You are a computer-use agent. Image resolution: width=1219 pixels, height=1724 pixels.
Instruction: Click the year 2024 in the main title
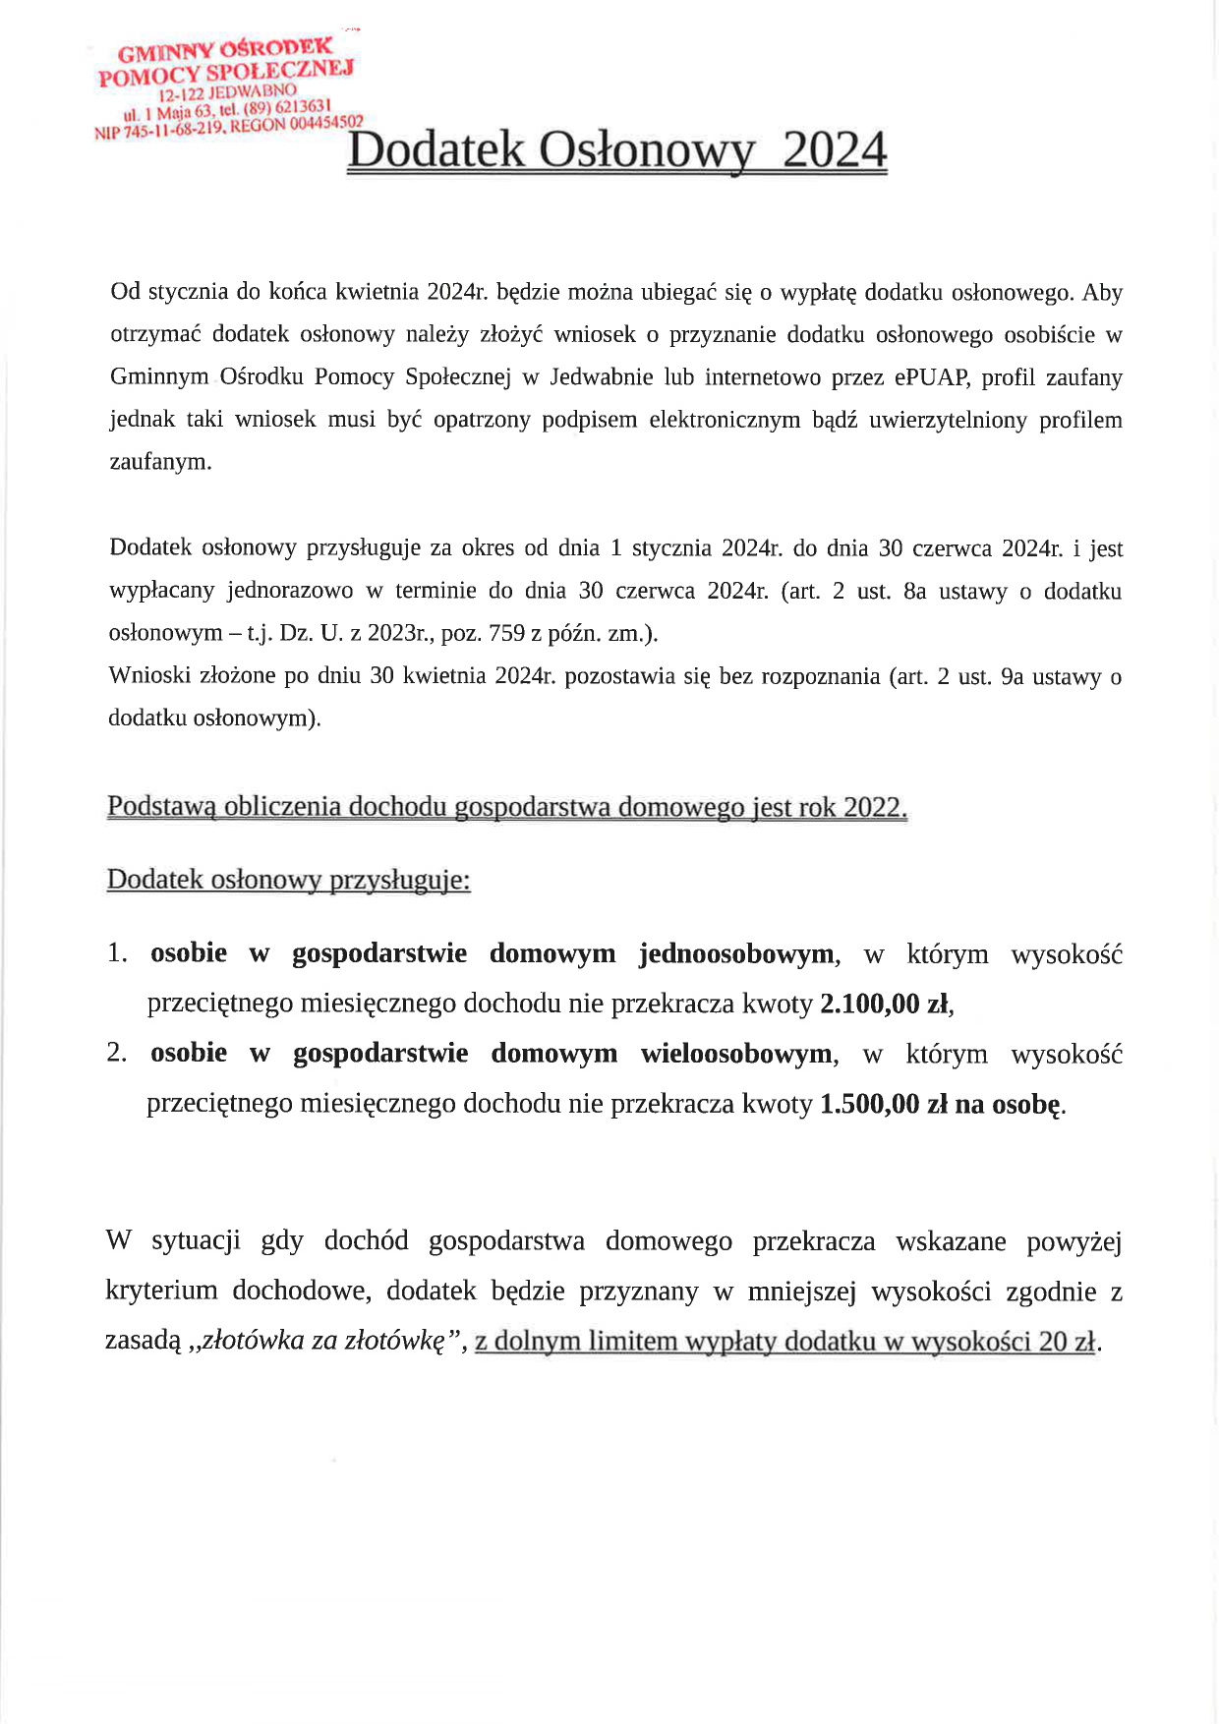(836, 150)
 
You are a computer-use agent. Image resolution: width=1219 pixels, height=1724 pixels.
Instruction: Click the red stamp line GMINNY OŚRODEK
(225, 50)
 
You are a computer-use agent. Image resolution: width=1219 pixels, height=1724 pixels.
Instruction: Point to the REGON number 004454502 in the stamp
(325, 122)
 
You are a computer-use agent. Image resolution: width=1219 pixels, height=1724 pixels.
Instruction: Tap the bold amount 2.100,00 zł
(884, 1004)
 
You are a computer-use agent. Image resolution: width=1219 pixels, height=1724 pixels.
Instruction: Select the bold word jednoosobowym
(736, 953)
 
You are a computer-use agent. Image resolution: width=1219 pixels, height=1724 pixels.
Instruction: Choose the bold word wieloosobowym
(736, 1054)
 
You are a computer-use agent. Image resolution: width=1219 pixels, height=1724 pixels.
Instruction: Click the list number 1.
(117, 953)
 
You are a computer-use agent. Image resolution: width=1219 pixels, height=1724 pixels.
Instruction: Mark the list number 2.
(117, 1053)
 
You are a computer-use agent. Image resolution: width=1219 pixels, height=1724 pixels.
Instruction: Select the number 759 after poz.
(507, 633)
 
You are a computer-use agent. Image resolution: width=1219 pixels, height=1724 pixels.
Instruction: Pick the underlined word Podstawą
(161, 807)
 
